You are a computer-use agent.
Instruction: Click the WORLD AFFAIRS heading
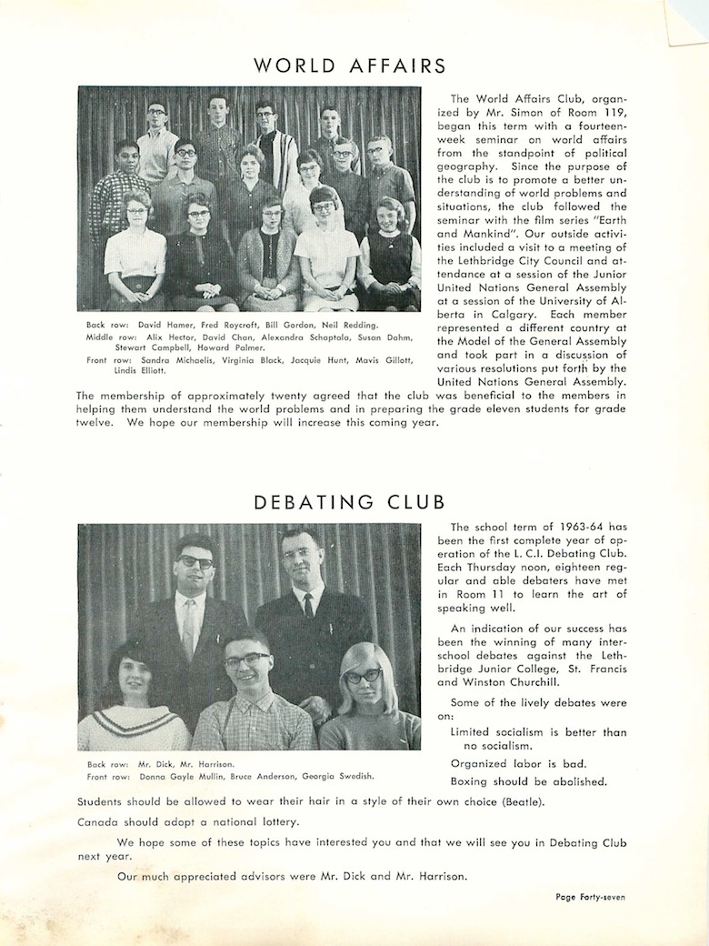click(350, 65)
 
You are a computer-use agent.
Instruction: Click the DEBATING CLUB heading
click(349, 502)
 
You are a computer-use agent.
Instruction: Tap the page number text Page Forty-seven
click(590, 896)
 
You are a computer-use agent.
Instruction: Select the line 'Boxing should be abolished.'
click(529, 781)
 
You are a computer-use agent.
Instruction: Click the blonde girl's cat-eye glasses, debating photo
click(363, 675)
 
